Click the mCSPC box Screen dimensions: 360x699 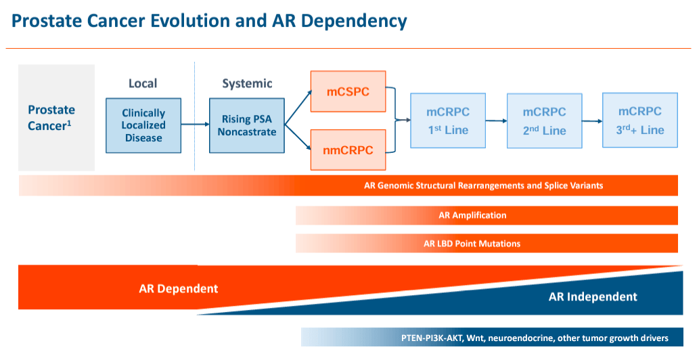click(348, 91)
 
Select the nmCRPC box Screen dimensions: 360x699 click(348, 150)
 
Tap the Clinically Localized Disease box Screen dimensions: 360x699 click(143, 125)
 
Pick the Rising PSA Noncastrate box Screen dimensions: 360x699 click(247, 125)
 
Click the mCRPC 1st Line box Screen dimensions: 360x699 click(448, 120)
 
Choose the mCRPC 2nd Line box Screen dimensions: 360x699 click(544, 121)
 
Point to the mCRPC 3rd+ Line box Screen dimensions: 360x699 click(639, 120)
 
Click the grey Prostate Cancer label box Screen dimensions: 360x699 click(56, 118)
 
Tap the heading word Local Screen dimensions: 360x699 click(143, 83)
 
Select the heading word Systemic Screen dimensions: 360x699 click(247, 83)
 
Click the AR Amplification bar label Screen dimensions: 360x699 click(472, 215)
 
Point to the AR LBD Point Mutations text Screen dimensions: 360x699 click(472, 244)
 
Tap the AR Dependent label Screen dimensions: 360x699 click(179, 288)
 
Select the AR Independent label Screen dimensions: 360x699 click(593, 296)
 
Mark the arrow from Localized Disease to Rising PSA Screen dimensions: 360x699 click(195, 125)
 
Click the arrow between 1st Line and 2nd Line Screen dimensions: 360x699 click(496, 121)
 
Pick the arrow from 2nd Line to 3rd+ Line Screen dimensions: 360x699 click(592, 121)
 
